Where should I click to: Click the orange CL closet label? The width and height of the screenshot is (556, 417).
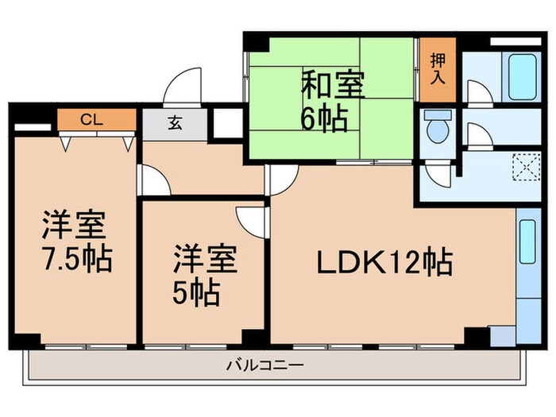tap(96, 122)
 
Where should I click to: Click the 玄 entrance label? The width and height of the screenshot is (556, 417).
tap(173, 123)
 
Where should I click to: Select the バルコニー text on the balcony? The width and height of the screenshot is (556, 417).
tap(257, 366)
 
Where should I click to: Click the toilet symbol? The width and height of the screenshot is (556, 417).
tap(436, 128)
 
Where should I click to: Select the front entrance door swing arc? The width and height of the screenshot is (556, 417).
tap(184, 84)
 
